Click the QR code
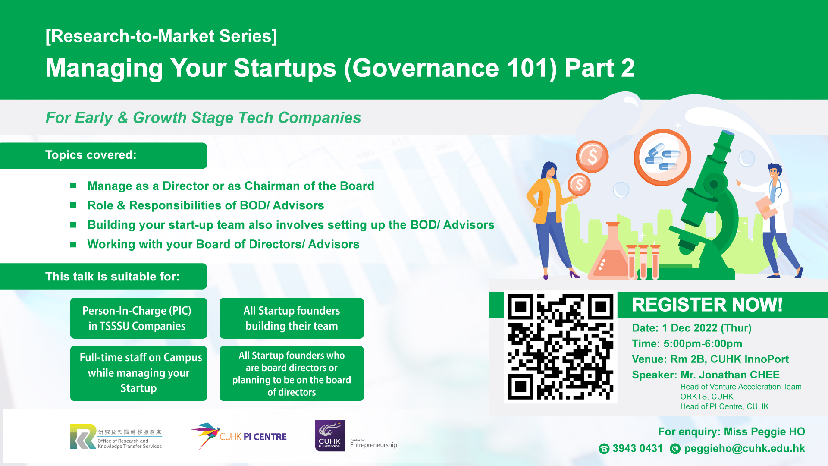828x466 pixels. [560, 347]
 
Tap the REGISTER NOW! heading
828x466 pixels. [707, 305]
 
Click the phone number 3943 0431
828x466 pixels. [637, 448]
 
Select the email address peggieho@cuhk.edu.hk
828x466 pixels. [744, 449]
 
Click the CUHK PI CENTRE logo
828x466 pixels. [239, 436]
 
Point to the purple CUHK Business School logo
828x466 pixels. [330, 436]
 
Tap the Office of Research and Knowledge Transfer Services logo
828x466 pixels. [116, 437]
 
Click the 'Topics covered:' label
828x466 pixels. [91, 155]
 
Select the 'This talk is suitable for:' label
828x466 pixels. [112, 277]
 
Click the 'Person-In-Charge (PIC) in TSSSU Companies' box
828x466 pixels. [138, 318]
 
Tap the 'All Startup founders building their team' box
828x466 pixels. [292, 318]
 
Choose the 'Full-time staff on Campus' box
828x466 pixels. [138, 373]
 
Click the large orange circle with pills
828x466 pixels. [662, 157]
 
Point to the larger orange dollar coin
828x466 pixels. [592, 157]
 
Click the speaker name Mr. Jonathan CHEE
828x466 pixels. [730, 375]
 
